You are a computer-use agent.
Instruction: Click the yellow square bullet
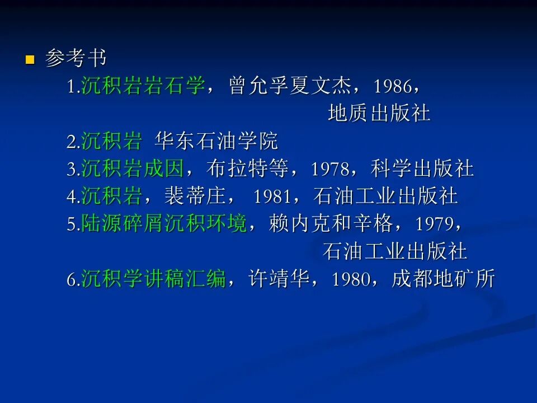[x=30, y=60]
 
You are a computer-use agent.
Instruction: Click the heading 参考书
[x=76, y=58]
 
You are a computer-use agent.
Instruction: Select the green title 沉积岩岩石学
[x=143, y=86]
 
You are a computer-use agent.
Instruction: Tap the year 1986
[x=392, y=86]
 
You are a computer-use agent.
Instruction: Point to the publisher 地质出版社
[x=379, y=114]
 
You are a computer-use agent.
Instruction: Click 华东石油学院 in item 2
[x=216, y=141]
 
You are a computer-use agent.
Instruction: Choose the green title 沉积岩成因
[x=133, y=168]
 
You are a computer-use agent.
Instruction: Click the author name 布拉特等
[x=247, y=168]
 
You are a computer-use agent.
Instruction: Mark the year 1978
[x=330, y=169]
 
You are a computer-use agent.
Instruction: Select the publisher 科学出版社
[x=422, y=168]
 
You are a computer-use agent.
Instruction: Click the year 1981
[x=272, y=196]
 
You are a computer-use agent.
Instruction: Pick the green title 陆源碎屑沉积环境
[x=164, y=223]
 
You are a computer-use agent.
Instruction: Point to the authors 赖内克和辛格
[x=331, y=223]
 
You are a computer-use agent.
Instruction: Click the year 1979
[x=434, y=224]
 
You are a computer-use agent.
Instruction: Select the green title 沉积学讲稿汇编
[x=153, y=278]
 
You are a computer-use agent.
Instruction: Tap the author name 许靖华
[x=279, y=278]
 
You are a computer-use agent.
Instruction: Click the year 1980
[x=351, y=279]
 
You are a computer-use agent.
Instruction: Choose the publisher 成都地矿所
[x=443, y=278]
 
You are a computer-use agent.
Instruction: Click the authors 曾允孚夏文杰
[x=290, y=86]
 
